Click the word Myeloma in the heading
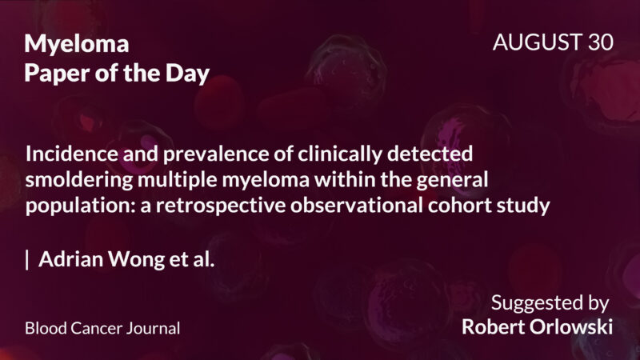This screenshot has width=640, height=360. click(76, 44)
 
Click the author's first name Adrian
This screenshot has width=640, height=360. click(68, 259)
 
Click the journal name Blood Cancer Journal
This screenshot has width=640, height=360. click(102, 328)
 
